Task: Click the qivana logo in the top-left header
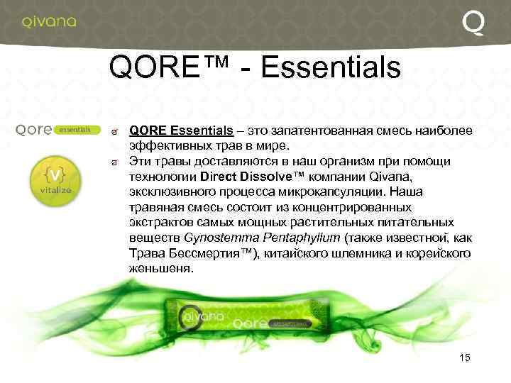(48, 21)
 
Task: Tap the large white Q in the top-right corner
(474, 23)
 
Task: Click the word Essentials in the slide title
(331, 69)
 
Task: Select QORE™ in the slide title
(169, 69)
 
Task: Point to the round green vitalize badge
(50, 179)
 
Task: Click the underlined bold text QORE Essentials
(181, 131)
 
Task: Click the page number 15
(465, 357)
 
